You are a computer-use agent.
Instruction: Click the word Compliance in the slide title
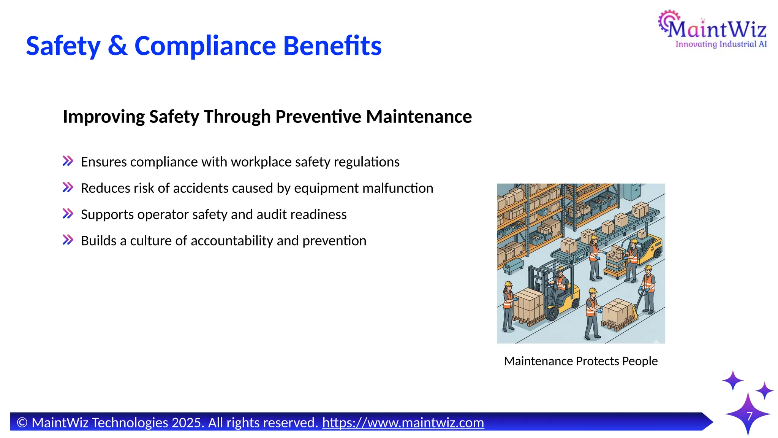(x=205, y=46)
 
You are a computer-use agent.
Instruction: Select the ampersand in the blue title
(x=117, y=46)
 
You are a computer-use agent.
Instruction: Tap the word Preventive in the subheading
(x=318, y=117)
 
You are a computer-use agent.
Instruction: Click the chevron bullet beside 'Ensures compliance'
(x=68, y=161)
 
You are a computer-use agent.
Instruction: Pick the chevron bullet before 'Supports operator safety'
(x=68, y=214)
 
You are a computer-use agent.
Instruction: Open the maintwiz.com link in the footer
(x=403, y=423)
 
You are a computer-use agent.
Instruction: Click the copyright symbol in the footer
(x=22, y=423)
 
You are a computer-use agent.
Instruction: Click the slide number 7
(x=750, y=416)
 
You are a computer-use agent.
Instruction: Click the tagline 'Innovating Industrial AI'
(x=721, y=44)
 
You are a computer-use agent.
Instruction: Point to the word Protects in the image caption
(x=598, y=361)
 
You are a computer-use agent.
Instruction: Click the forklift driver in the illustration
(x=559, y=282)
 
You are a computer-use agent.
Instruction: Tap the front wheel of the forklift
(x=552, y=314)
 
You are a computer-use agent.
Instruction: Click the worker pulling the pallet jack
(x=648, y=287)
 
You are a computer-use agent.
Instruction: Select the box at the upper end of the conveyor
(x=640, y=209)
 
